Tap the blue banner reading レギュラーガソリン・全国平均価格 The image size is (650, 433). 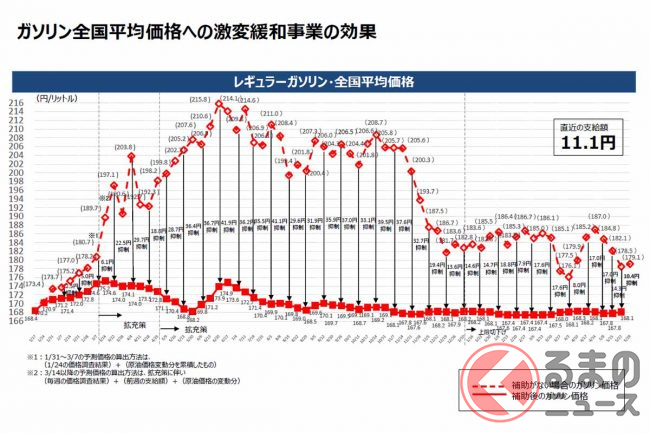(x=325, y=80)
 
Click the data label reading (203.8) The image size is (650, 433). (x=125, y=148)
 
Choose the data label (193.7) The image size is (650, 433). (x=428, y=190)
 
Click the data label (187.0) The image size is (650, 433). (x=599, y=216)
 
